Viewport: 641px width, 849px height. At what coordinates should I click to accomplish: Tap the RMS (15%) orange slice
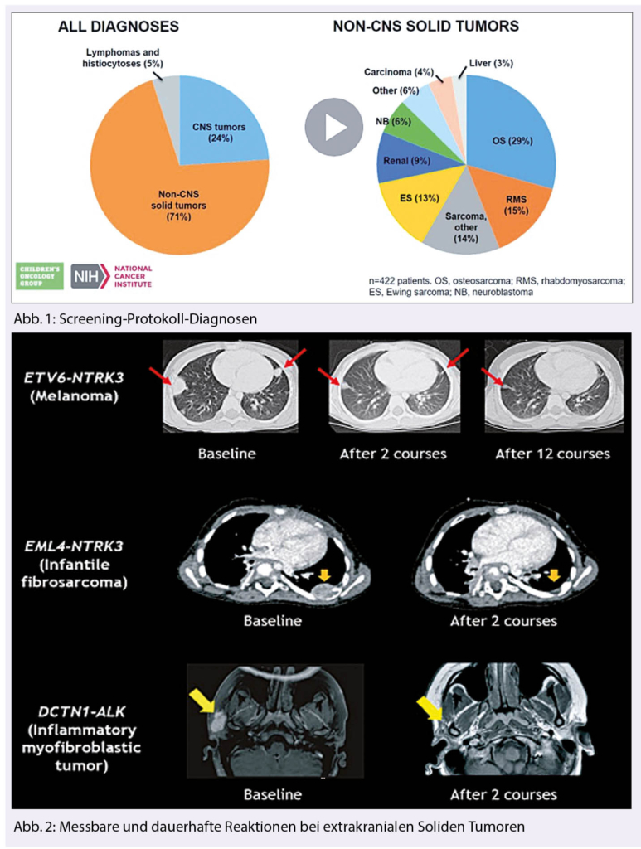click(x=516, y=204)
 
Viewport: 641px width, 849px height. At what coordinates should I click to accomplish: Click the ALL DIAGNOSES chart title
click(x=118, y=27)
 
